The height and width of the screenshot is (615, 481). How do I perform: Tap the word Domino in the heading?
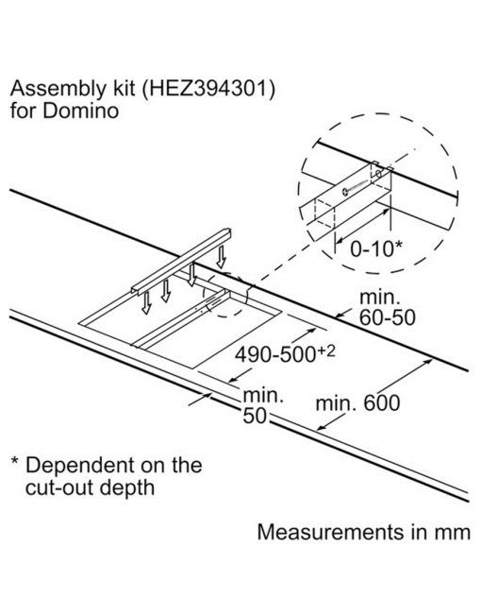(x=80, y=111)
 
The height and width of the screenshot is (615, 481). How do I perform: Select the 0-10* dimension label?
(x=375, y=248)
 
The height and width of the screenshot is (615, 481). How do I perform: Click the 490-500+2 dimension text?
(x=285, y=354)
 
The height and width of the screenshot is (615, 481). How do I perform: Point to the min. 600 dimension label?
(x=358, y=402)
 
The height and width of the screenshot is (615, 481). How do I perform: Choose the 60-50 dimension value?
(x=387, y=316)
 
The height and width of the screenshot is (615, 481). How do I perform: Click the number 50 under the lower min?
(x=255, y=417)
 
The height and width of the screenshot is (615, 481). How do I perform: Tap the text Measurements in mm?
(x=364, y=532)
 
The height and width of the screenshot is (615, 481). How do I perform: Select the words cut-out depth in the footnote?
(x=91, y=487)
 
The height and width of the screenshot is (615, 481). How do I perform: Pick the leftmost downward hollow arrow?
(x=146, y=303)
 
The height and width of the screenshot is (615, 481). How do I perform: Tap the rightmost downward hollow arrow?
(x=222, y=257)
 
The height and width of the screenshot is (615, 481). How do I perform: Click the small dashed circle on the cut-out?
(x=225, y=295)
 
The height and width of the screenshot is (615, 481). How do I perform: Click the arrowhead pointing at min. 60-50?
(x=340, y=315)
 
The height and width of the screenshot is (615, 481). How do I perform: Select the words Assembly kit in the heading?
(x=58, y=89)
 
